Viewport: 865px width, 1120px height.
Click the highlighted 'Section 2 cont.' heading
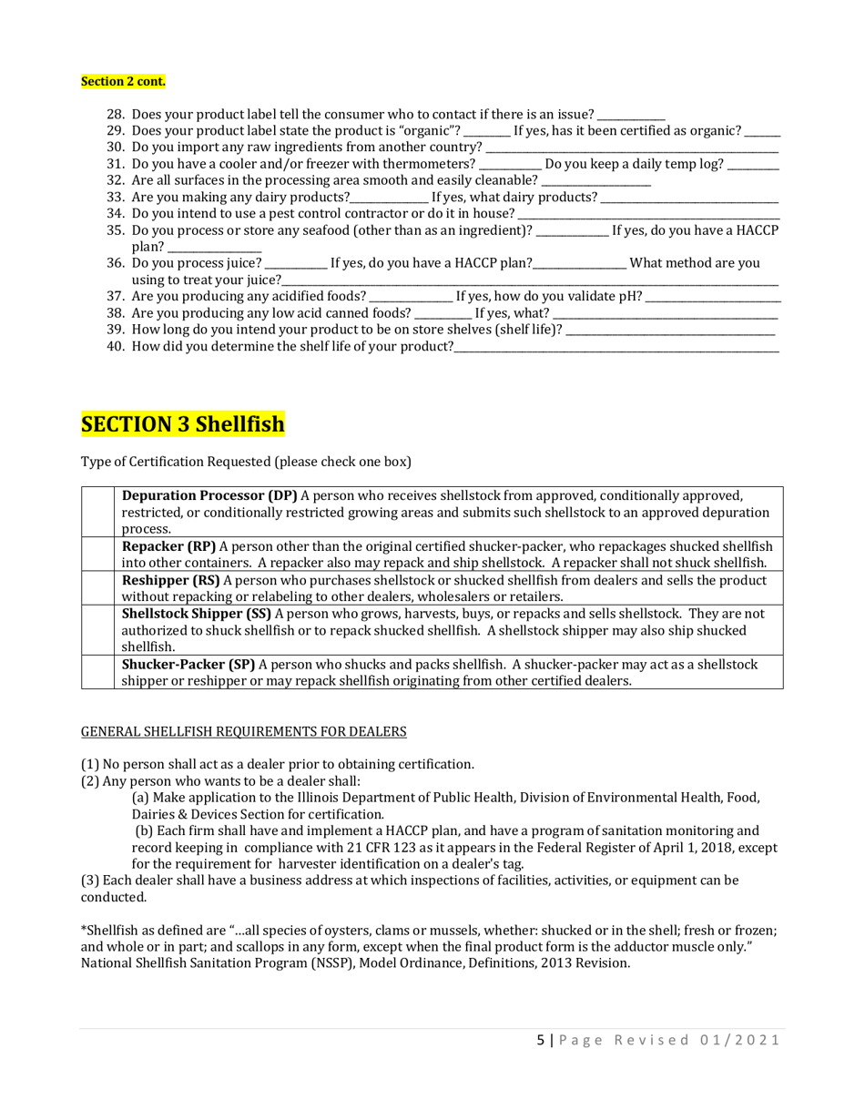point(123,82)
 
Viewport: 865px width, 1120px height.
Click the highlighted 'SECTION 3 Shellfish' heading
point(183,424)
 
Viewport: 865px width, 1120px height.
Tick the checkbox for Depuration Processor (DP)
point(97,512)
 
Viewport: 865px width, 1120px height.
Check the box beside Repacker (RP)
point(97,554)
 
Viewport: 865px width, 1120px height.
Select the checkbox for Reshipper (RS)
point(97,587)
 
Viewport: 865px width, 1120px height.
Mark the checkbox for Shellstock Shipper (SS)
point(97,629)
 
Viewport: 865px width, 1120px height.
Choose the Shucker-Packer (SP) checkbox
point(97,672)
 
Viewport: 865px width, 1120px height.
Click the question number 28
point(116,115)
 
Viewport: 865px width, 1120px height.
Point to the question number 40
point(116,346)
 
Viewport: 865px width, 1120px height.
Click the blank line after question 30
point(632,148)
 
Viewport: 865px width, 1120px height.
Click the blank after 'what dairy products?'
point(689,198)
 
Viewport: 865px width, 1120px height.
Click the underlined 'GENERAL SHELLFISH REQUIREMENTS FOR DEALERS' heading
point(244,731)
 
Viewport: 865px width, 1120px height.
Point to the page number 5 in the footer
point(540,1040)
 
